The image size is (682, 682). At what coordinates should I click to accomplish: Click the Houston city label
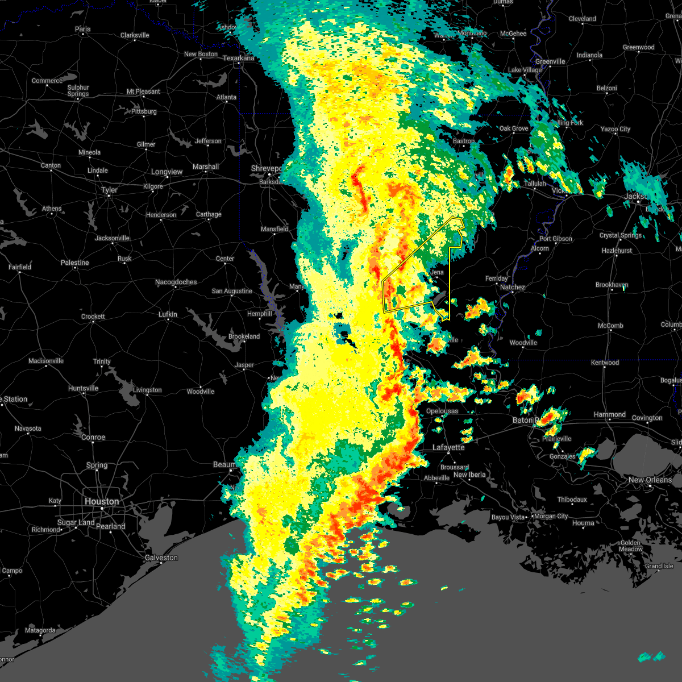click(x=102, y=501)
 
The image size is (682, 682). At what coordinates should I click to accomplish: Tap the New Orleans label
click(x=650, y=480)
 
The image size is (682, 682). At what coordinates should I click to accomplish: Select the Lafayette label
click(x=448, y=447)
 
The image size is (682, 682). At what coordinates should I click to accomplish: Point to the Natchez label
click(x=512, y=287)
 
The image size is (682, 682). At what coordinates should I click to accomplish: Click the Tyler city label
click(x=109, y=190)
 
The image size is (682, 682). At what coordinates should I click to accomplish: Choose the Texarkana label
click(x=239, y=58)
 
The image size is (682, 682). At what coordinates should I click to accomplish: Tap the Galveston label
click(x=161, y=558)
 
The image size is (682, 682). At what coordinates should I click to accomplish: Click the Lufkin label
click(x=168, y=314)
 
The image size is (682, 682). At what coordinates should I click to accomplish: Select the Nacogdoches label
click(x=176, y=282)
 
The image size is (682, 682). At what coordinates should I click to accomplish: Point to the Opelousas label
click(x=442, y=411)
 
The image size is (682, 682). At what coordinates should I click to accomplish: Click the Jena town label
click(x=436, y=272)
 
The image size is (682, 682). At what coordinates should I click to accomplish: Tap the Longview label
click(x=167, y=172)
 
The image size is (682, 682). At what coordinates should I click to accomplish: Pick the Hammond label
click(x=610, y=414)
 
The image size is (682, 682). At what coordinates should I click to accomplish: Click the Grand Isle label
click(x=659, y=566)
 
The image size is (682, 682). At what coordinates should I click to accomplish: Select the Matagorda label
click(x=40, y=630)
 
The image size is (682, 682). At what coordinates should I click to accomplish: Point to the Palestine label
click(x=75, y=263)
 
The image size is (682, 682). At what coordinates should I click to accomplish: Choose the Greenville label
click(x=550, y=61)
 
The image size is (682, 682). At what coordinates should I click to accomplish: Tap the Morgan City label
click(x=551, y=516)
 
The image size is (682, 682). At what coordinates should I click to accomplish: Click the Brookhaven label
click(x=612, y=285)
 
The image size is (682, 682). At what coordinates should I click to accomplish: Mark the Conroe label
click(x=93, y=437)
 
